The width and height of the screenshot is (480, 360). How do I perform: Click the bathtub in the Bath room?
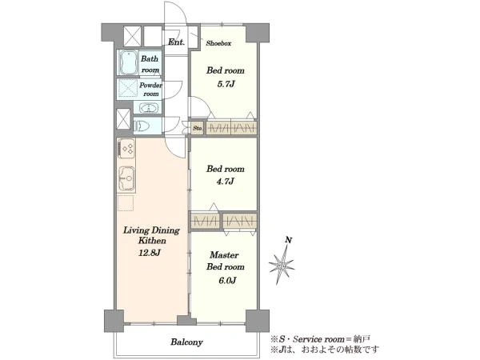[128, 62]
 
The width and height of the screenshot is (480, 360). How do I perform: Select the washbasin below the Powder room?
[149, 108]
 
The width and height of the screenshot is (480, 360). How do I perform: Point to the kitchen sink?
[126, 178]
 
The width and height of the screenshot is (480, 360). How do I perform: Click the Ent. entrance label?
[177, 42]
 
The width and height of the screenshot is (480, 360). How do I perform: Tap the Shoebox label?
[218, 43]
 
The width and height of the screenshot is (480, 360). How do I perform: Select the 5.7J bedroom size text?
[226, 84]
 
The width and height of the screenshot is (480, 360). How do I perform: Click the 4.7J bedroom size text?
[226, 182]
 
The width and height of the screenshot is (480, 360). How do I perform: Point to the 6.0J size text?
[227, 281]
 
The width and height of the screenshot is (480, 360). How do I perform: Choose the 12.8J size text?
[150, 253]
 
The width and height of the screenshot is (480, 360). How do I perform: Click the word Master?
[224, 255]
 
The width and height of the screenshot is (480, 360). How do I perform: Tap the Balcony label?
[186, 342]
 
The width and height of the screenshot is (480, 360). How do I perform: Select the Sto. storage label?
[198, 128]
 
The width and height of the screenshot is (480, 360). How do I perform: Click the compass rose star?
[282, 265]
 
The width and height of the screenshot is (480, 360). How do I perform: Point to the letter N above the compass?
[288, 240]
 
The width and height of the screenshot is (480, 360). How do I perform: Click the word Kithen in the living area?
[152, 241]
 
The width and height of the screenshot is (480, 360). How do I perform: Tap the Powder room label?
[150, 90]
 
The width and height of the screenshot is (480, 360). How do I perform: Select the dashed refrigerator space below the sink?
[126, 203]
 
